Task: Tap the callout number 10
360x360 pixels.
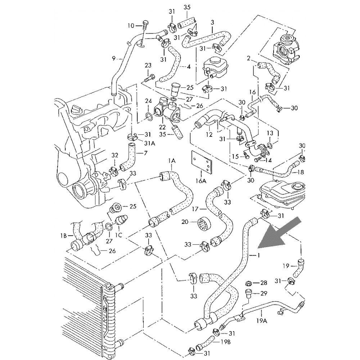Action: point(131,26)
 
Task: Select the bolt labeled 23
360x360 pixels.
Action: point(149,78)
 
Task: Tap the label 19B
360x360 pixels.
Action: point(226,342)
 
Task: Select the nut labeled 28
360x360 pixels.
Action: point(248,283)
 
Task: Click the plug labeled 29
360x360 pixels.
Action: point(248,293)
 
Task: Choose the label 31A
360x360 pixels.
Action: point(150,143)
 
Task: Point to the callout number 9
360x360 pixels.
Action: point(114,59)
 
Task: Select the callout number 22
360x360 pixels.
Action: point(162,127)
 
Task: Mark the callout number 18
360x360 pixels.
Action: point(301,172)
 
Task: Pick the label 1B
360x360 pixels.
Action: point(64,235)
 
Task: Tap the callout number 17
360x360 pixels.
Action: point(195,209)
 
